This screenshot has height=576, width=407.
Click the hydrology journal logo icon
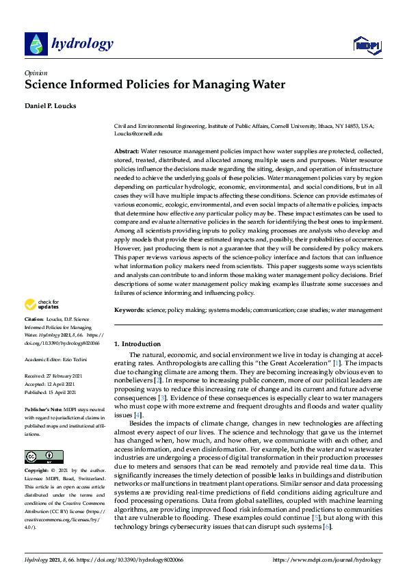click(36, 44)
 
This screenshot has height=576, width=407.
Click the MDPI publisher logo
click(367, 45)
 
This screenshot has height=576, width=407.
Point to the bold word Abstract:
click(126, 150)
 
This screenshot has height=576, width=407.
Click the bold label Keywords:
click(129, 310)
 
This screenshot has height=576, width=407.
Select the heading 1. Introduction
click(137, 343)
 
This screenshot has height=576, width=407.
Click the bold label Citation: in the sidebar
click(34, 319)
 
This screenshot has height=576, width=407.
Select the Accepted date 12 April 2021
click(58, 383)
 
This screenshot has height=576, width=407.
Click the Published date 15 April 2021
click(60, 391)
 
